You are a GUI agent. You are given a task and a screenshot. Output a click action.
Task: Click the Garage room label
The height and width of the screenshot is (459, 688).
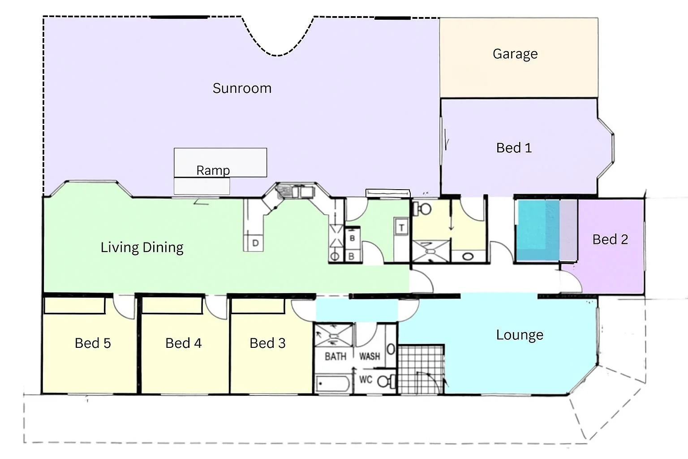[515, 54]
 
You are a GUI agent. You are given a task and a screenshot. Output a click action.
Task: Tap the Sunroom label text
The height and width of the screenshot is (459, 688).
[242, 88]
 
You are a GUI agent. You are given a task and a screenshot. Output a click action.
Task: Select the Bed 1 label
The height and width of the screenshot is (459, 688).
[514, 148]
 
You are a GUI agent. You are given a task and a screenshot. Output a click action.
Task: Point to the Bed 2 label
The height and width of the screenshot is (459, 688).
[610, 239]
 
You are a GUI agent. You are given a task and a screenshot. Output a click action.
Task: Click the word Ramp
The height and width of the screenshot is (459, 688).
[213, 170]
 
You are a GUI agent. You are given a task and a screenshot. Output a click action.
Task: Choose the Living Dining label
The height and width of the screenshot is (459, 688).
[142, 247]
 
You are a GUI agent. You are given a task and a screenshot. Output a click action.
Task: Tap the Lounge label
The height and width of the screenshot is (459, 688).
[520, 335]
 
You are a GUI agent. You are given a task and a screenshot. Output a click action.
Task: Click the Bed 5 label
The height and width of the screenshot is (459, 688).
[93, 343]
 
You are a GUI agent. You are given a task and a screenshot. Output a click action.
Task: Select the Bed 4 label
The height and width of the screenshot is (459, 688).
[183, 343]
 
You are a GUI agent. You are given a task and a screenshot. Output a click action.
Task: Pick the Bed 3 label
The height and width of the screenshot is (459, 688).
[267, 343]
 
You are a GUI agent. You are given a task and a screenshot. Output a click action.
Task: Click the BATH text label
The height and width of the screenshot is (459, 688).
[335, 356]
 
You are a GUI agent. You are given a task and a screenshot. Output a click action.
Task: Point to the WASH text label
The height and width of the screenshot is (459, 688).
[370, 356]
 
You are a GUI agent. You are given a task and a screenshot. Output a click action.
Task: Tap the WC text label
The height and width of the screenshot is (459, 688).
[365, 380]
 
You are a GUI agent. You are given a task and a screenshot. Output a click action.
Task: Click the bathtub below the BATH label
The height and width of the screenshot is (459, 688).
[333, 384]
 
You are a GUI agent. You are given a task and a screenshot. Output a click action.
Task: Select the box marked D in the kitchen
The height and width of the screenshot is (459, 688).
[255, 243]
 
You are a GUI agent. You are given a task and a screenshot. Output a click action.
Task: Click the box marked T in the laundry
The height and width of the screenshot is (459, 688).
[401, 228]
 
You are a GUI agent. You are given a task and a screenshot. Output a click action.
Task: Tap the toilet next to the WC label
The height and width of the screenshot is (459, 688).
[385, 382]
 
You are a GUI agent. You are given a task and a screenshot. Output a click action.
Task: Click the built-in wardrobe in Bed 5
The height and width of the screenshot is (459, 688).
[74, 306]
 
